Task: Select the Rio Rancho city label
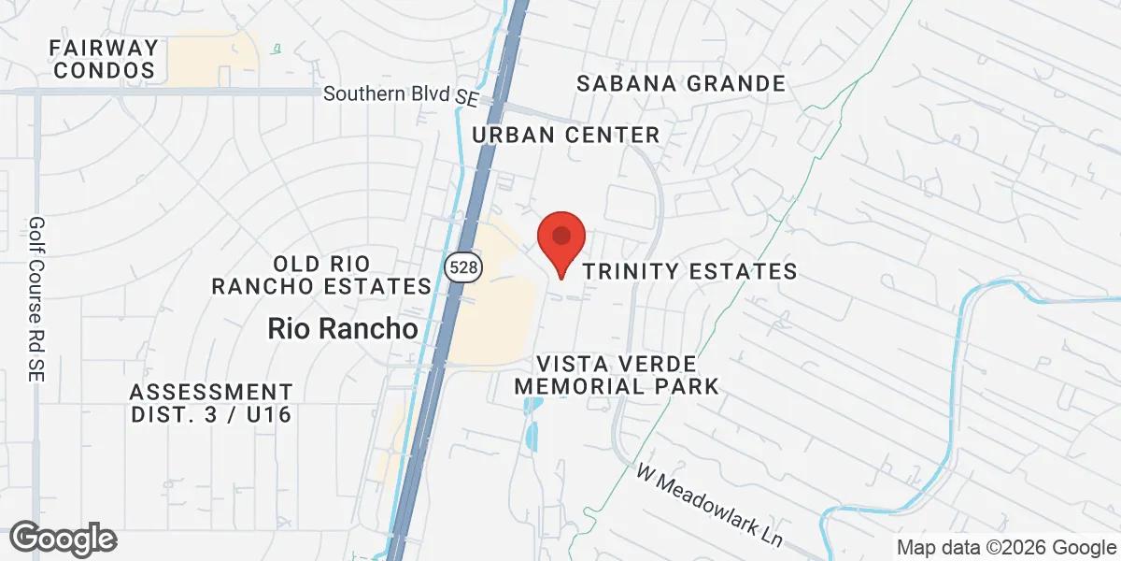[x=342, y=328]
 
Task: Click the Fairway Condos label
[x=104, y=58]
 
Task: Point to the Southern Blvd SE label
[x=400, y=94]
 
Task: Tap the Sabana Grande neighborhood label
[x=681, y=83]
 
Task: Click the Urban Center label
[x=566, y=135]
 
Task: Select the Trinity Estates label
[x=689, y=271]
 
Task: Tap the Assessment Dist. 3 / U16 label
[x=211, y=403]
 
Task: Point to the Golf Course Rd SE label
[x=36, y=298]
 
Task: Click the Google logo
[x=63, y=539]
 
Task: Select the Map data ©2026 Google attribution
[x=1007, y=547]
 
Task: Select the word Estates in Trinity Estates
[x=744, y=271]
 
